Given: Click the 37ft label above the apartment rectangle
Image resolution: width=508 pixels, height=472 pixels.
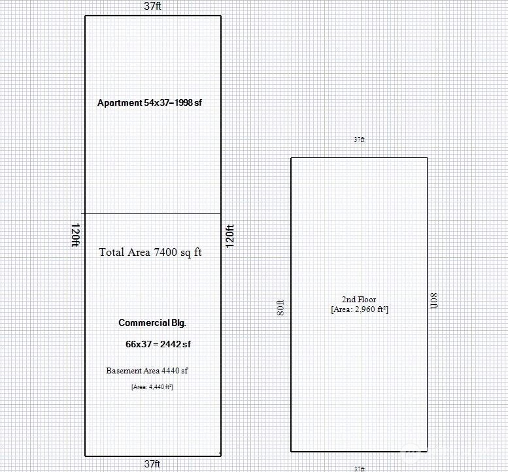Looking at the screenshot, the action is click(152, 6).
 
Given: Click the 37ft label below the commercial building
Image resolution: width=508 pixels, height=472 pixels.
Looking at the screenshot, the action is click(152, 464).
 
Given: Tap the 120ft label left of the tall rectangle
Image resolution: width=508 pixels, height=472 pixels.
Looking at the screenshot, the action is click(75, 235).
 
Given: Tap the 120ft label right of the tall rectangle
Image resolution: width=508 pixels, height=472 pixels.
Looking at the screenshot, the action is click(229, 236).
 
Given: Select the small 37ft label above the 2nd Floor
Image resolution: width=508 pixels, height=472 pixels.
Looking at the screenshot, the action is click(359, 140).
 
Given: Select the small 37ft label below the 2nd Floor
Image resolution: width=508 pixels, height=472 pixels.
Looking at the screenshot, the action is click(359, 469).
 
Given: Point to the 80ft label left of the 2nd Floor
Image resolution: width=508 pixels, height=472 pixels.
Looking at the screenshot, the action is click(280, 307).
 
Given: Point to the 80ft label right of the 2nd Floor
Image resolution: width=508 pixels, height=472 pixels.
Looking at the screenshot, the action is click(434, 300).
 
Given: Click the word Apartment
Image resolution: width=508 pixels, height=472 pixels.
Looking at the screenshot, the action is click(120, 103).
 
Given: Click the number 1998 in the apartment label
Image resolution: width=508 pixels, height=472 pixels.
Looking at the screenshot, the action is click(184, 103).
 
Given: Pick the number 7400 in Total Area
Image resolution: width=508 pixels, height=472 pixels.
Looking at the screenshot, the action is click(165, 253).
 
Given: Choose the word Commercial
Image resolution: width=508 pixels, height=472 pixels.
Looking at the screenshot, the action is click(144, 323).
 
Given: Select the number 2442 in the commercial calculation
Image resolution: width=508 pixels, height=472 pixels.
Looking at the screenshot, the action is click(171, 344).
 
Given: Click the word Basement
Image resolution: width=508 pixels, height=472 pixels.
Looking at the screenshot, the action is click(124, 371).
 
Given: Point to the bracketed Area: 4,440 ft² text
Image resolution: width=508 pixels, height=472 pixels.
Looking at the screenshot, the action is click(152, 387).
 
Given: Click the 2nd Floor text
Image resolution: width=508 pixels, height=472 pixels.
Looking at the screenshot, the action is click(359, 300).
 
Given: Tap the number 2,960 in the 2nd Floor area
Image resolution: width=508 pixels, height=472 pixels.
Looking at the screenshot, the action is click(365, 309).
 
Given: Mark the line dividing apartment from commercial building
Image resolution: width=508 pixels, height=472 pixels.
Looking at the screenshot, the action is click(151, 214).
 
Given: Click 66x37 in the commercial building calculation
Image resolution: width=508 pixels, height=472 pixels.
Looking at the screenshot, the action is click(139, 344).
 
